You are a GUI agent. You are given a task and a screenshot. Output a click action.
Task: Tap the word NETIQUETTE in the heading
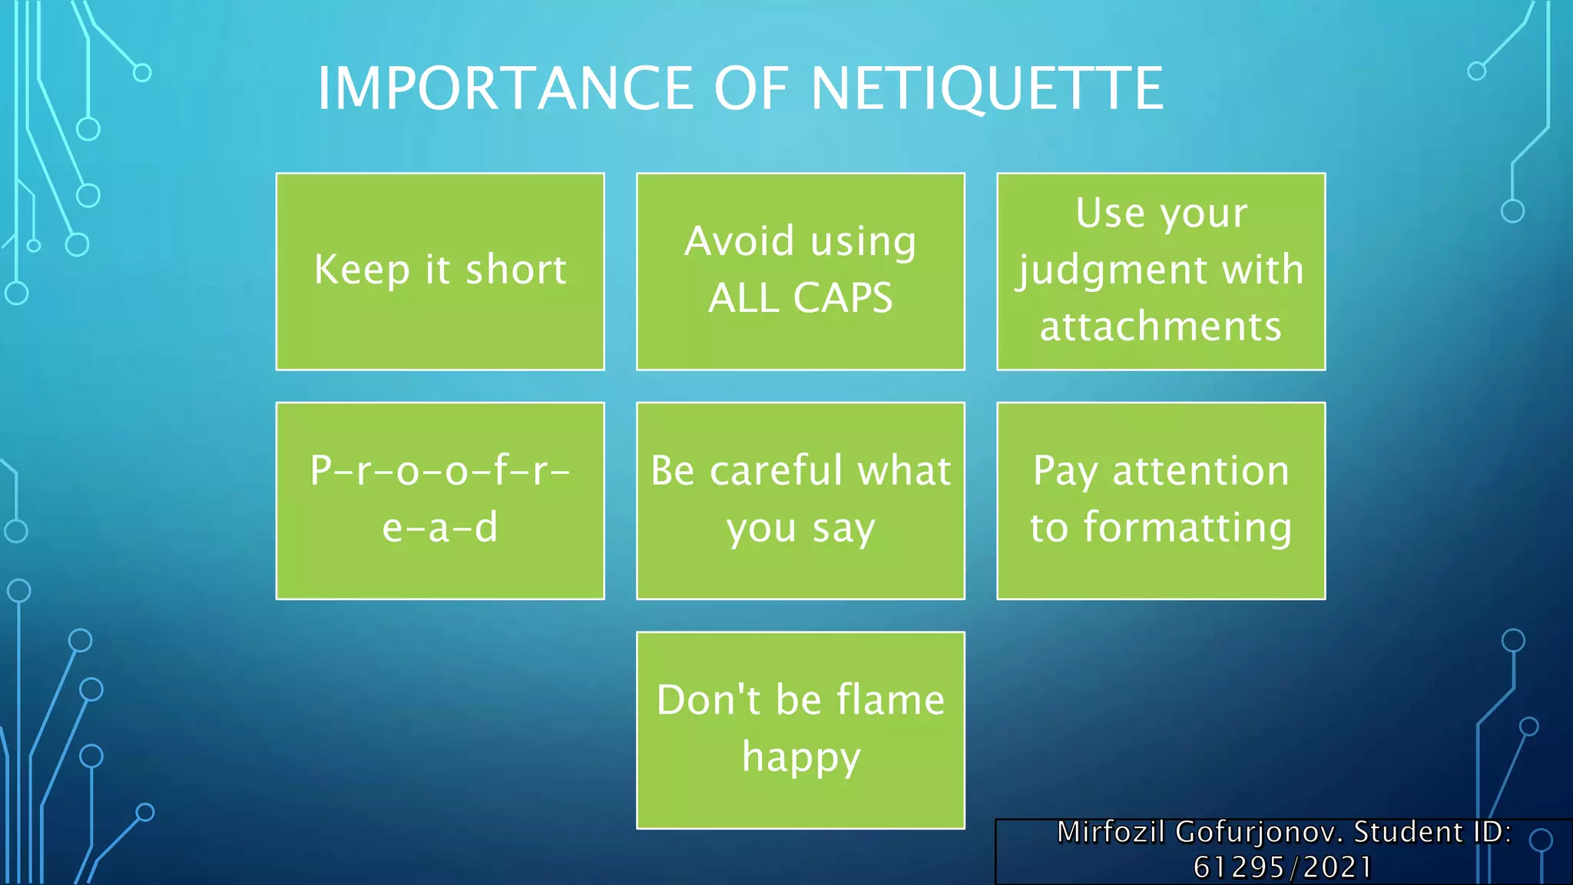click(986, 88)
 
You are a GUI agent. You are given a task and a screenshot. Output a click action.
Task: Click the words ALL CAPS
click(800, 298)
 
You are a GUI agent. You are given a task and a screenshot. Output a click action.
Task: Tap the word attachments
click(1161, 326)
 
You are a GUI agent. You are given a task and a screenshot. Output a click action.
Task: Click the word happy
click(800, 757)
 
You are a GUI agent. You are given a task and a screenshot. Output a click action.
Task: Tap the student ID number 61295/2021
click(1283, 867)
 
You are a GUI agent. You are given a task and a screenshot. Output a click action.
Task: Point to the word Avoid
click(739, 241)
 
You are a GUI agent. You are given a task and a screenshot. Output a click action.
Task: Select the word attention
click(1200, 470)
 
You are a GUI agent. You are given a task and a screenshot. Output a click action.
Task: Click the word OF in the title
click(750, 88)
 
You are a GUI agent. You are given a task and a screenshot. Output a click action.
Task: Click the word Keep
click(362, 270)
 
